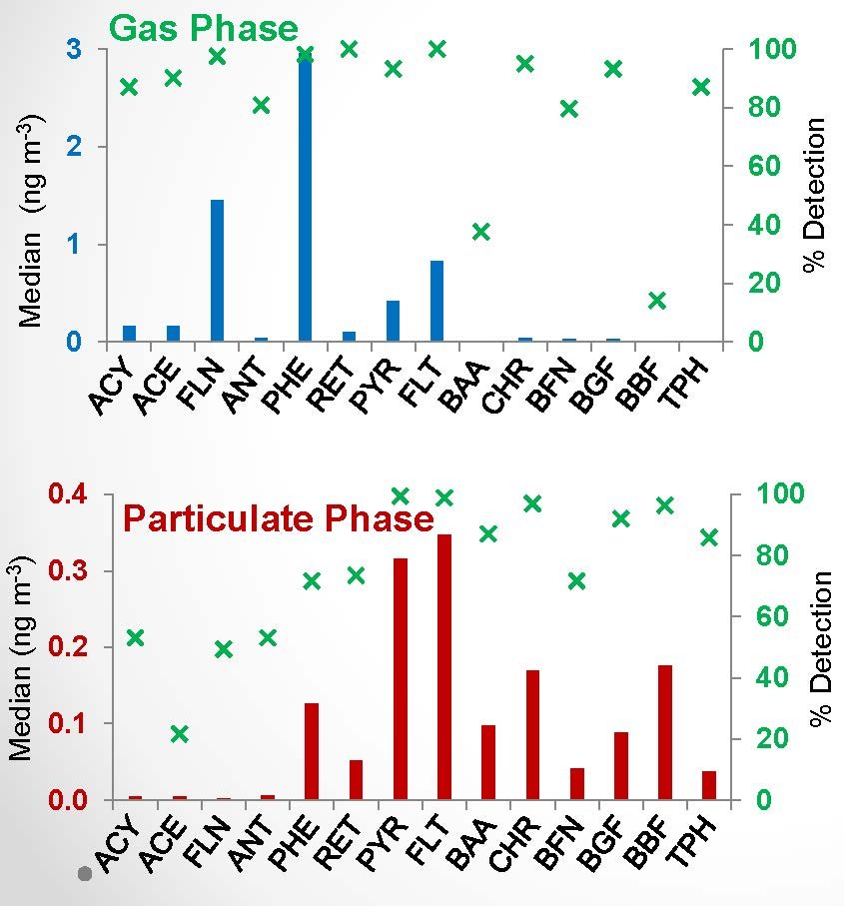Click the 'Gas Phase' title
[x=203, y=27]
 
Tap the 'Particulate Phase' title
[x=278, y=519]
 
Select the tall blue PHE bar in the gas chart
[x=305, y=200]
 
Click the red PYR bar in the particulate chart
[x=401, y=678]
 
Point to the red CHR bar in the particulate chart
[x=532, y=734]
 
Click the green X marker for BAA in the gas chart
[x=481, y=232]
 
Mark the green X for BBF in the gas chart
[x=656, y=301]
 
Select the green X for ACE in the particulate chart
[x=179, y=734]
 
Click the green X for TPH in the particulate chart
[x=709, y=537]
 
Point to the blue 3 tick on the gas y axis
[x=75, y=50]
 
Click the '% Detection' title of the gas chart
[x=816, y=195]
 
